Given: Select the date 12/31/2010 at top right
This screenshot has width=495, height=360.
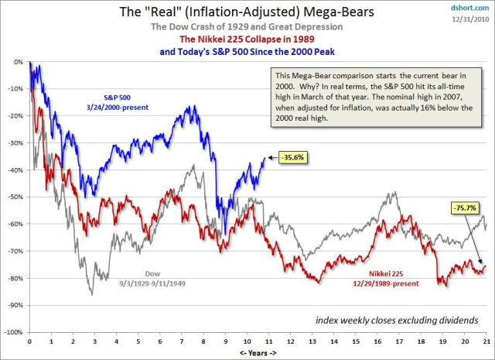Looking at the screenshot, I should click(472, 18).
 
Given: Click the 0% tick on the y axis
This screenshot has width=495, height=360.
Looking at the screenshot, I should click(17, 61).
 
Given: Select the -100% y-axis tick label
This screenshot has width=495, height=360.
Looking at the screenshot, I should click(12, 332).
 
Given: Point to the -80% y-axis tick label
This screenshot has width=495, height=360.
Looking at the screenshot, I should click(14, 278).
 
